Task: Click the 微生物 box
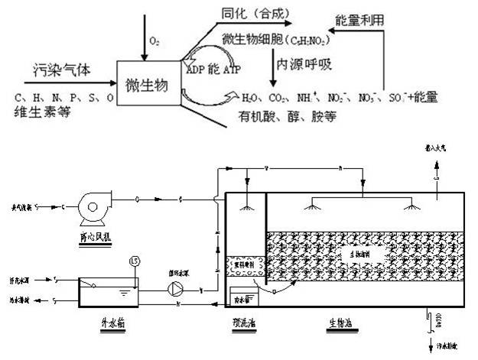pos(145,82)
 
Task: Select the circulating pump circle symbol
pos(176,289)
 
